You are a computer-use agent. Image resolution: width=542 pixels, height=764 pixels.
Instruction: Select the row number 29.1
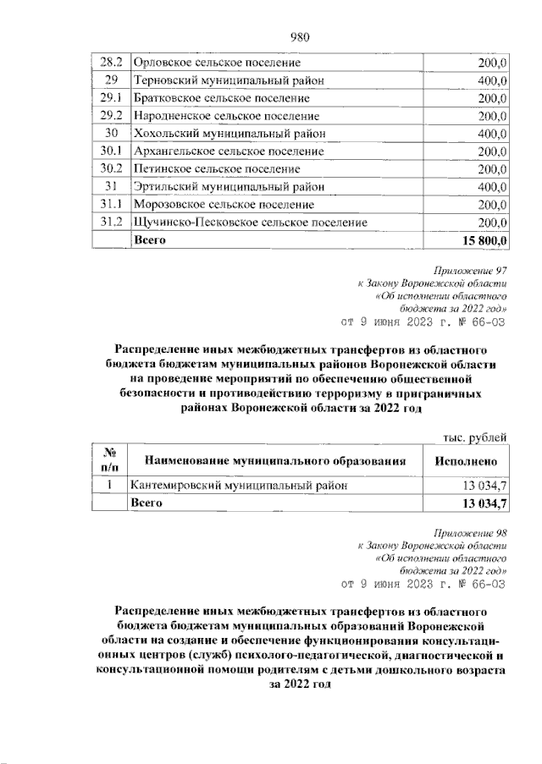pos(110,98)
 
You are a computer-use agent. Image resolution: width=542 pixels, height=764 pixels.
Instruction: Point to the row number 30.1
pos(110,151)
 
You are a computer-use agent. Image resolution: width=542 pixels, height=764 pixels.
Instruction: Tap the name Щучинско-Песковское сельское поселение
pos(251,223)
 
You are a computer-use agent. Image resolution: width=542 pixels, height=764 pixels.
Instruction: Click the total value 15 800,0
pos(484,240)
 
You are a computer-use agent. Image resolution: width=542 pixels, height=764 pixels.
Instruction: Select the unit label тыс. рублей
pos(475,437)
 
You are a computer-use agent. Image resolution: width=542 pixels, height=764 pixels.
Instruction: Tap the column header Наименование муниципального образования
pos(273,462)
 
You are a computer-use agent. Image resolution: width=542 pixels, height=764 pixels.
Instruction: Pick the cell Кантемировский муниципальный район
pos(238,486)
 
